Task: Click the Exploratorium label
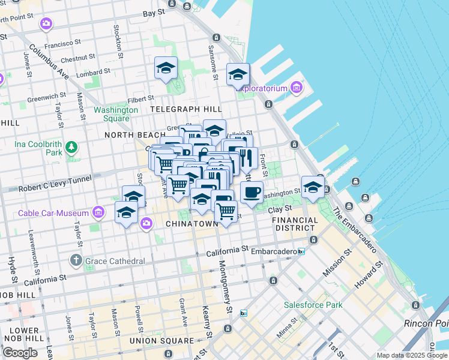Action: [262, 88]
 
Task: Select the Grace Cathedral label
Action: [115, 261]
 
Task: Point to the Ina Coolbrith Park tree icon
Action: [71, 146]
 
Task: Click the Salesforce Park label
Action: [313, 305]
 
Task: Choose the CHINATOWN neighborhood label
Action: [191, 224]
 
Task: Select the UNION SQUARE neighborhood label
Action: [161, 341]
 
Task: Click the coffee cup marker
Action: [252, 193]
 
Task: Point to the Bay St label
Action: [154, 12]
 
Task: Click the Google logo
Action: [20, 352]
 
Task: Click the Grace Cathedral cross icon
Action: [76, 260]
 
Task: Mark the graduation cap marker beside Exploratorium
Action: [238, 75]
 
